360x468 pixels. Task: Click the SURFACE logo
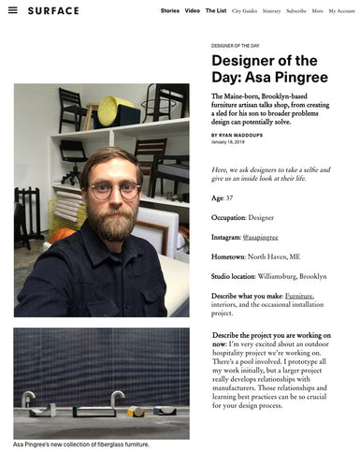coord(53,10)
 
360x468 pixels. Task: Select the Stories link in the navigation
coord(169,10)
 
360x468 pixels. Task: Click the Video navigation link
coord(193,10)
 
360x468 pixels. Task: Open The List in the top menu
coord(216,10)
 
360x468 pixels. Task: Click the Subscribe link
coord(296,10)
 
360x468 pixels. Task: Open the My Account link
coord(341,10)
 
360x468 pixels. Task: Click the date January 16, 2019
coord(228,143)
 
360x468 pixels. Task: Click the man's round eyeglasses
coord(115,191)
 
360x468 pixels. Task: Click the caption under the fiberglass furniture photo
coord(81,444)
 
